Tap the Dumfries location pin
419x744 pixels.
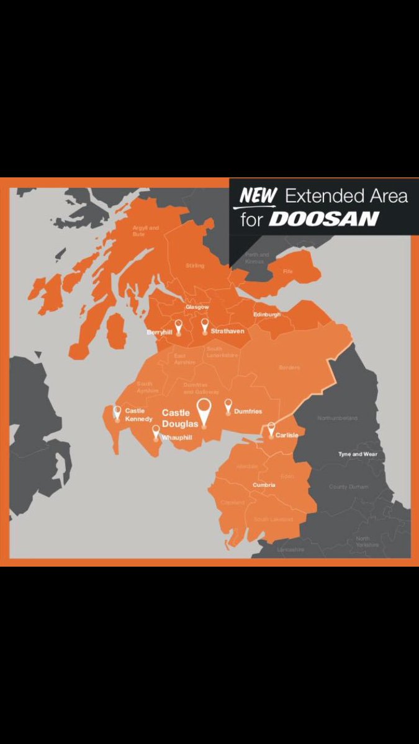228,406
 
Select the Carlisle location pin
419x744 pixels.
271,428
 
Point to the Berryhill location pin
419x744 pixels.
179,326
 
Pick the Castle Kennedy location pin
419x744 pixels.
117,412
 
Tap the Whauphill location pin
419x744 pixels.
156,432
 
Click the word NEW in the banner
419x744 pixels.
258,196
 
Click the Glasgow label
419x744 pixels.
197,307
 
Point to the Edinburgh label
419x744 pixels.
267,315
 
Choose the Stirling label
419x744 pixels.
194,265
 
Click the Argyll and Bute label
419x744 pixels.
146,231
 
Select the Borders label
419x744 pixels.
289,368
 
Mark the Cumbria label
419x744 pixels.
263,485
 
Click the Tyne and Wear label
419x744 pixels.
358,454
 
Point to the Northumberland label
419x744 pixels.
338,418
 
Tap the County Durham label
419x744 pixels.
348,487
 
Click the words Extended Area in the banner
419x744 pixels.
346,197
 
